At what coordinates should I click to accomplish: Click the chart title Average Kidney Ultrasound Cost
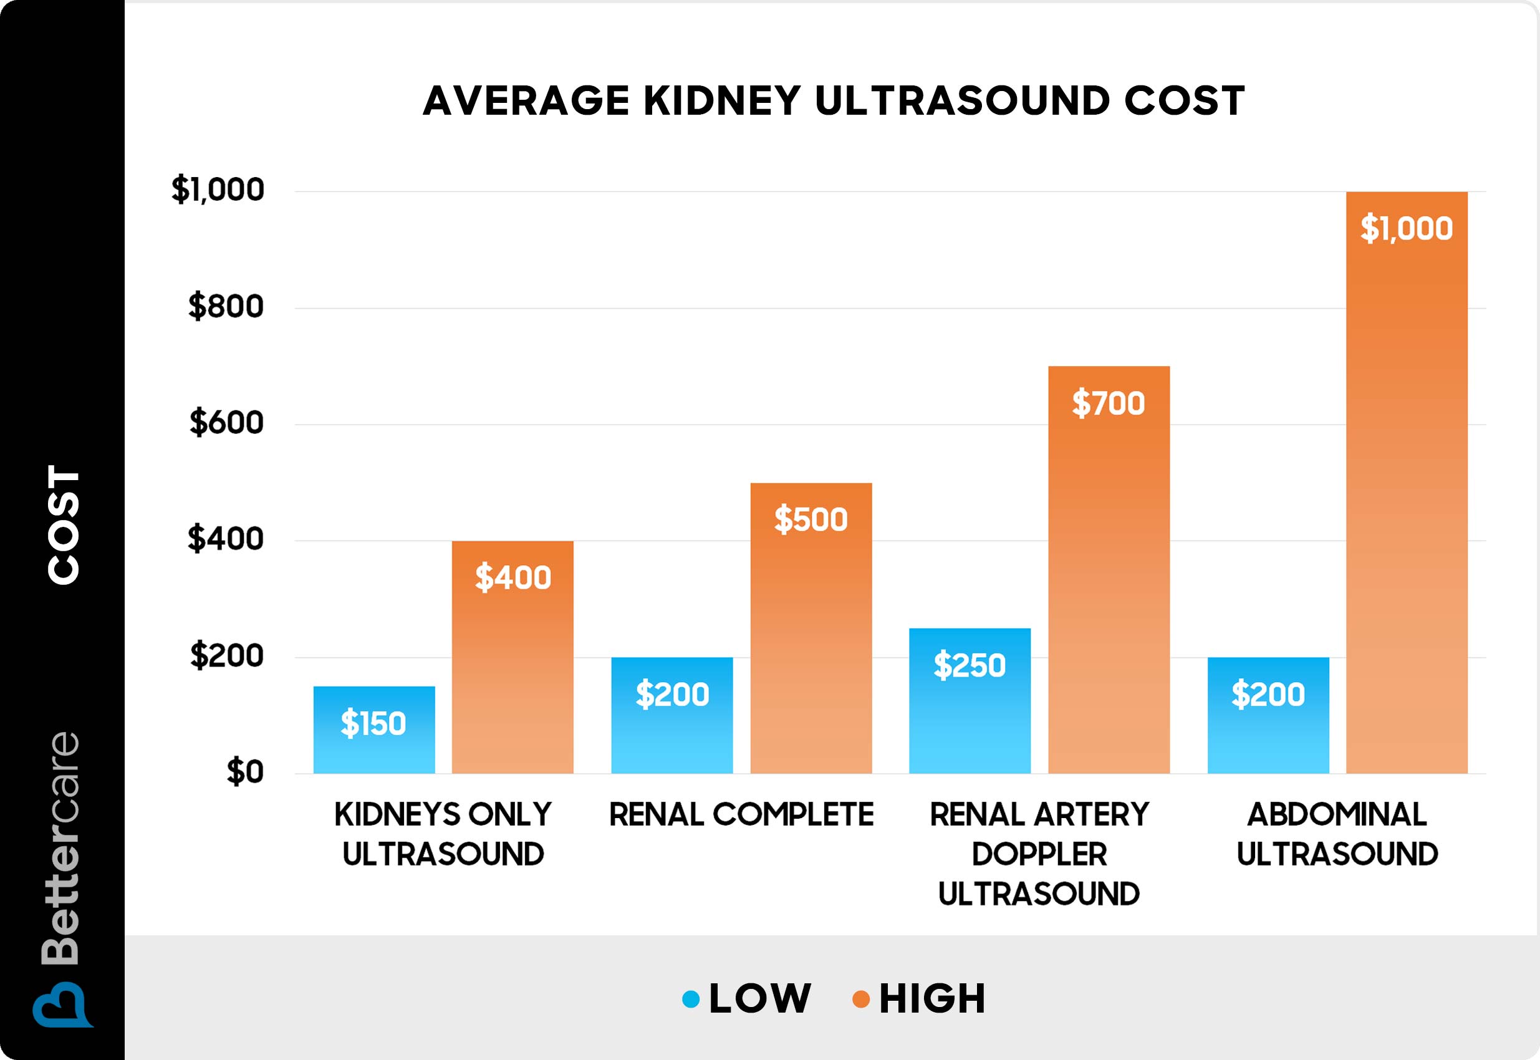pyautogui.click(x=834, y=101)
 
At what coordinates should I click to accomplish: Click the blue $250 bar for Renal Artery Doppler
pyautogui.click(x=970, y=701)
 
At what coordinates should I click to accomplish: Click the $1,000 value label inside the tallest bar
pyautogui.click(x=1406, y=228)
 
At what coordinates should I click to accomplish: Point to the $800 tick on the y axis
pyautogui.click(x=226, y=306)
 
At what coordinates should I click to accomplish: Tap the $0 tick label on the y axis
pyautogui.click(x=245, y=772)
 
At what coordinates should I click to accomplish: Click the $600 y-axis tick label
pyautogui.click(x=226, y=422)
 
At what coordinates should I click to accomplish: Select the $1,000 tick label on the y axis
pyautogui.click(x=218, y=190)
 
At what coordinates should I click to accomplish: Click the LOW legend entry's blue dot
pyautogui.click(x=691, y=999)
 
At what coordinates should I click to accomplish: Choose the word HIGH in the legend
pyautogui.click(x=931, y=999)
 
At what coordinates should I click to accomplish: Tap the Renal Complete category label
pyautogui.click(x=741, y=814)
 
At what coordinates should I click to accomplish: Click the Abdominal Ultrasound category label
pyautogui.click(x=1337, y=834)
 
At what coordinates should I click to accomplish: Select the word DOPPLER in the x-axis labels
pyautogui.click(x=1039, y=854)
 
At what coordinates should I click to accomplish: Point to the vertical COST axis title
pyautogui.click(x=64, y=524)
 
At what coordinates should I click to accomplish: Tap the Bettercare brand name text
pyautogui.click(x=61, y=848)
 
